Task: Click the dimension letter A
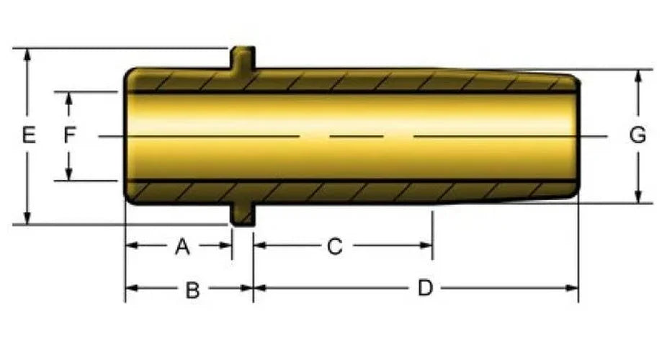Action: pos(182,246)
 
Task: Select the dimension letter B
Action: pos(193,291)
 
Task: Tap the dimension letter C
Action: pos(335,246)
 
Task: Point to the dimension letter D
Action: pos(426,288)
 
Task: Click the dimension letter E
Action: pos(29,135)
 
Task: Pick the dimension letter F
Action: pos(69,135)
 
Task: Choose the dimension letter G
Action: pos(637,135)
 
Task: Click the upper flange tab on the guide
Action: pos(243,58)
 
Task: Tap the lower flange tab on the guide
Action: pos(243,215)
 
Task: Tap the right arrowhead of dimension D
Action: pos(572,288)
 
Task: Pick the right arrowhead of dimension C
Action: pos(426,246)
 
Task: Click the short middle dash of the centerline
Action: pos(357,136)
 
